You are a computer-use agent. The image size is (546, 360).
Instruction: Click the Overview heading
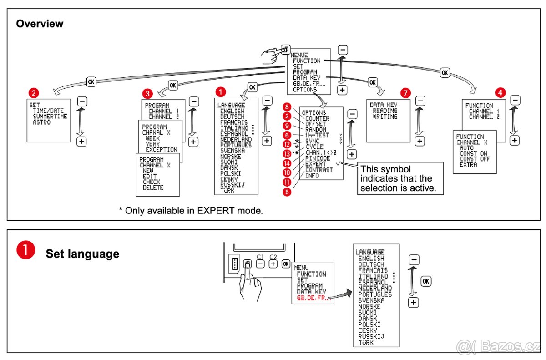pos(40,24)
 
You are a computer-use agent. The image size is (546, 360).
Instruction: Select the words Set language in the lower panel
pos(82,254)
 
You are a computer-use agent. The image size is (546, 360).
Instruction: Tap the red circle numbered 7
pos(406,93)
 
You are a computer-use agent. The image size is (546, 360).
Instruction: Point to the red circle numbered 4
pos(500,93)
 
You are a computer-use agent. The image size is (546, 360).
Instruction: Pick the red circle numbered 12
pos(286,144)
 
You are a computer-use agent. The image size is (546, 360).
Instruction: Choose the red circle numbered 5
pos(286,192)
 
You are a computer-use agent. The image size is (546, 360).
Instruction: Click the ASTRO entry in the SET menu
pos(42,122)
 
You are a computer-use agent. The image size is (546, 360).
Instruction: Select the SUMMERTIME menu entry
pos(50,117)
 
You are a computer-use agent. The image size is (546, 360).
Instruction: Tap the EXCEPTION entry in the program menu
pos(162,150)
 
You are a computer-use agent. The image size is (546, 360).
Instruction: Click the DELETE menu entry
pos(153,188)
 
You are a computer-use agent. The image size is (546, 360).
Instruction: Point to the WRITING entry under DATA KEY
pos(385,117)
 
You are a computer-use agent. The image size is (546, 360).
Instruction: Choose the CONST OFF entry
pos(475,159)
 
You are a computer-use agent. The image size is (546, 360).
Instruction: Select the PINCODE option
pos(318,158)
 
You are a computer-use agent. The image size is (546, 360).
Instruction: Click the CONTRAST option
pos(319,170)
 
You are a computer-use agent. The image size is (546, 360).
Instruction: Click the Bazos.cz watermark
pos(499,347)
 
